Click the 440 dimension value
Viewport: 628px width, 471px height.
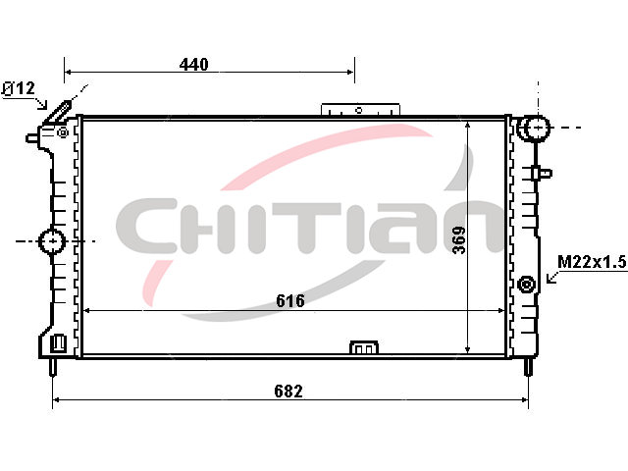[194, 64]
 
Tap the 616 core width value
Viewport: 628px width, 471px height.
[290, 300]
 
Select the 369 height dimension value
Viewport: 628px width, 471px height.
[459, 240]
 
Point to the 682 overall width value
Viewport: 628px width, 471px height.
[288, 391]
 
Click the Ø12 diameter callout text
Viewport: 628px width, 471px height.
[19, 88]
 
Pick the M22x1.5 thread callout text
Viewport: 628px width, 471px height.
[592, 262]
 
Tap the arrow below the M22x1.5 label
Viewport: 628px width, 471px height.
[552, 277]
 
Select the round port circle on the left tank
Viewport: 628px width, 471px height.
[52, 241]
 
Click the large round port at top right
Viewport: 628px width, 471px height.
[534, 128]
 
